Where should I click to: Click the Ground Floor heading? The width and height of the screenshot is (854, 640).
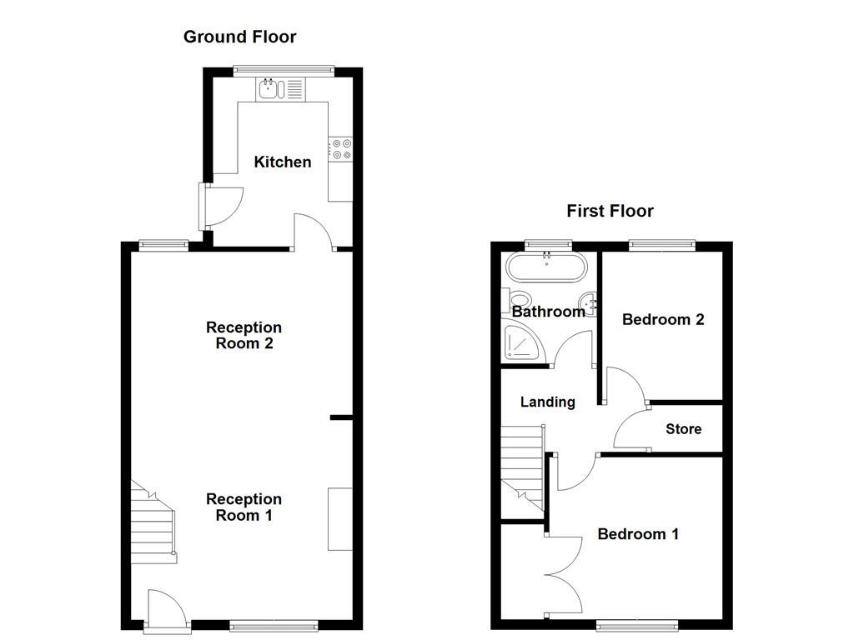point(239,37)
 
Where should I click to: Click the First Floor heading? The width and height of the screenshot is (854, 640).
point(610,211)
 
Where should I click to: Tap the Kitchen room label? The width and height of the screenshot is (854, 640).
point(283,162)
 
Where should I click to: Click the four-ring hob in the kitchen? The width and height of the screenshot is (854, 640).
point(340,149)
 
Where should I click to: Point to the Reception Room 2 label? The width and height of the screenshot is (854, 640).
point(244,335)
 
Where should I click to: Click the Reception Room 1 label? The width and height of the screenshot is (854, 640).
point(244,507)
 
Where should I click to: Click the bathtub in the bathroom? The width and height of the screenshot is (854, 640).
point(546,267)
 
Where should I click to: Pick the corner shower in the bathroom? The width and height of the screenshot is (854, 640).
point(524,342)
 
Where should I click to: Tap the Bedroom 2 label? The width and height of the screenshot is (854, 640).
point(663,319)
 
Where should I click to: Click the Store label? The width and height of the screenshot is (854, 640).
point(684,429)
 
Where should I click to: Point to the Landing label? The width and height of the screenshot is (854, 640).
point(547,402)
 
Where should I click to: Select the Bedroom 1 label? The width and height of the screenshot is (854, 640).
point(638,534)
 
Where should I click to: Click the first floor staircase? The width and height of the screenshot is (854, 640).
point(523,468)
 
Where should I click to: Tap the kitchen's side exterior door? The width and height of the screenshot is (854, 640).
point(220,207)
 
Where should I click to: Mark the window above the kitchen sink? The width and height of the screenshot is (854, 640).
point(284,70)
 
